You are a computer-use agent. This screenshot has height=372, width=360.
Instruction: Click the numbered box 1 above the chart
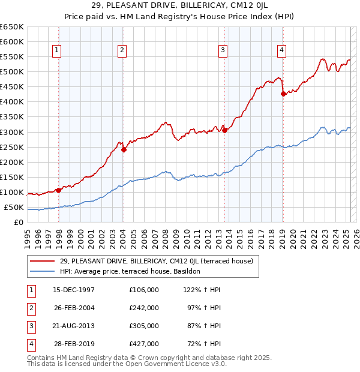(x=56, y=51)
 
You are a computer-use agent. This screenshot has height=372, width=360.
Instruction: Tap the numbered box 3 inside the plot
(x=223, y=51)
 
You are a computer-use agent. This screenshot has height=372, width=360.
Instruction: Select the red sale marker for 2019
(x=283, y=93)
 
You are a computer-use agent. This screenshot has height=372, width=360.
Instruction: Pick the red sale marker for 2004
(x=124, y=149)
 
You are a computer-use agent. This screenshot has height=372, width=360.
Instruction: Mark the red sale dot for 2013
(x=224, y=130)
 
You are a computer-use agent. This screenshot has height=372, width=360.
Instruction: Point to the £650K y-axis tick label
(x=11, y=27)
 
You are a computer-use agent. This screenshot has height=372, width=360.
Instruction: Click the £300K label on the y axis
(x=11, y=132)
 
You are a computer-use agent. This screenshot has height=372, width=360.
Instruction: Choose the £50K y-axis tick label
(x=14, y=208)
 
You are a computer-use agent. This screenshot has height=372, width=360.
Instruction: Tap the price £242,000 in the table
(x=143, y=308)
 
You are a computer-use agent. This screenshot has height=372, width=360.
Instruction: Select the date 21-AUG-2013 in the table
(x=74, y=326)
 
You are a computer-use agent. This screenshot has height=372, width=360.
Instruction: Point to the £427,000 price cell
(x=143, y=344)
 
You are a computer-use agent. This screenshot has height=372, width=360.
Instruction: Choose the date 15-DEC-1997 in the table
(x=74, y=290)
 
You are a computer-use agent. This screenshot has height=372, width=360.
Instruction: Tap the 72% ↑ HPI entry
(x=202, y=344)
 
